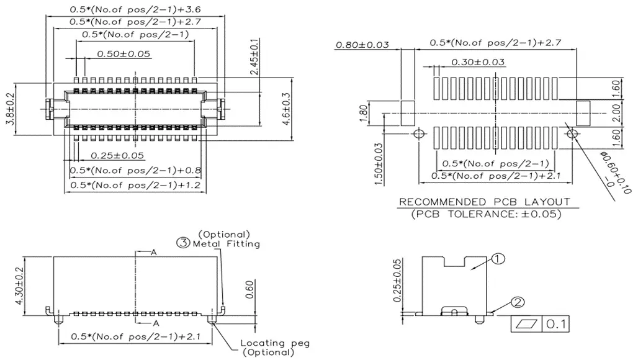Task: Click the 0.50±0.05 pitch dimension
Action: tap(124, 54)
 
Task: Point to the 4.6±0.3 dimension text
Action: tap(286, 109)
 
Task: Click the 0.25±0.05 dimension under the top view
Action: tap(117, 155)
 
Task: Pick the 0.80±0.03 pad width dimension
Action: tap(362, 45)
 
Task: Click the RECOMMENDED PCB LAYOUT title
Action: tap(484, 202)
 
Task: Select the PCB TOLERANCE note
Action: tap(487, 214)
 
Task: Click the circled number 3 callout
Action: tap(183, 243)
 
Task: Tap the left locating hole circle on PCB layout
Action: tap(419, 134)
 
